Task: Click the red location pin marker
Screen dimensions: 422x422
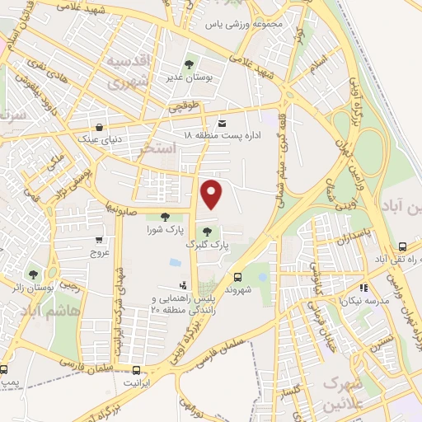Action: (x=213, y=194)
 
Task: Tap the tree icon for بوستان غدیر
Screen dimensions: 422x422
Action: (x=190, y=63)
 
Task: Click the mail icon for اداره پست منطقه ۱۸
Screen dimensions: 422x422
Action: (x=199, y=123)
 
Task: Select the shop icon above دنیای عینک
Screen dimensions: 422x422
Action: (x=100, y=128)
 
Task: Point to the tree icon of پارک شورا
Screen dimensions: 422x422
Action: (x=165, y=217)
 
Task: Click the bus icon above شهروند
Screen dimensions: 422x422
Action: (x=237, y=277)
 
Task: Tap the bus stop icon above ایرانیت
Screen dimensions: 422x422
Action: (x=137, y=371)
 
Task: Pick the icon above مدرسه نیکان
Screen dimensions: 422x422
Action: (x=363, y=288)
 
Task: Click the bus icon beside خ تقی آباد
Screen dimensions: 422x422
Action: (x=401, y=246)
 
